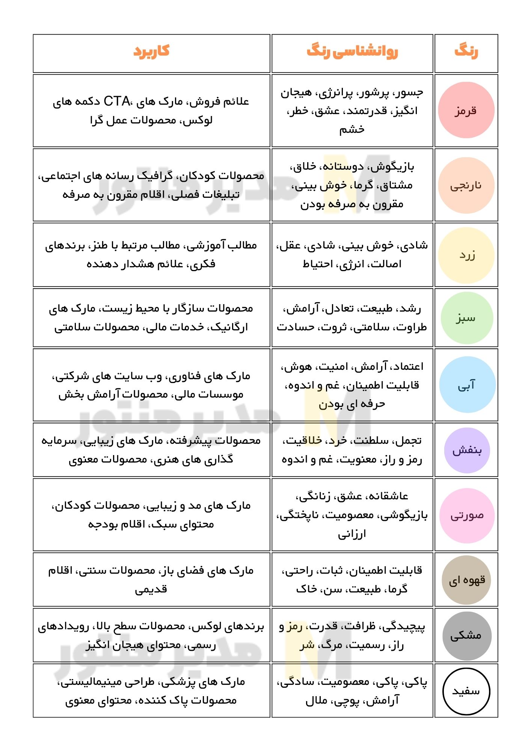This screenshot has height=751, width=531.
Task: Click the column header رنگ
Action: point(466,51)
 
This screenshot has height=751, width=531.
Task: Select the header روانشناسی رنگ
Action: point(352,51)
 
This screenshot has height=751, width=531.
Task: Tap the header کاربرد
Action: point(151,51)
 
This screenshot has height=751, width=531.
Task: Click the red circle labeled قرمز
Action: point(466,110)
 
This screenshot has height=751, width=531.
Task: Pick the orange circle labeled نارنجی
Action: point(466,185)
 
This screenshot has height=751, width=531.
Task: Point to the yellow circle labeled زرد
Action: point(466,255)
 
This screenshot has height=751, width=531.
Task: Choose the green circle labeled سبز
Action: point(466,318)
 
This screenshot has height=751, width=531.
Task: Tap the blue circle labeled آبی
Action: point(467,385)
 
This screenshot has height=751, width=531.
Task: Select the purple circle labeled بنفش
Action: point(467,450)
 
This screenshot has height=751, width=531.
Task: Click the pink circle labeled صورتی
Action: point(467,515)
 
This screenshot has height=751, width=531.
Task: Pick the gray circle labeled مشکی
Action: point(466,635)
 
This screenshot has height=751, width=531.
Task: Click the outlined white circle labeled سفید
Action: point(466,691)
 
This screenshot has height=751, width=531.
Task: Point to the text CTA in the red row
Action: point(117,101)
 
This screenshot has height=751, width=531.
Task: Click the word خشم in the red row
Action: point(352,130)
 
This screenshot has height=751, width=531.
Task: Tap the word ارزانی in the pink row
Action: point(352,534)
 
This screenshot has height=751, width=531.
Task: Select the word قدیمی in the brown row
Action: point(151,589)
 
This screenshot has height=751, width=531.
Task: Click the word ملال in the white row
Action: point(316,701)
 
